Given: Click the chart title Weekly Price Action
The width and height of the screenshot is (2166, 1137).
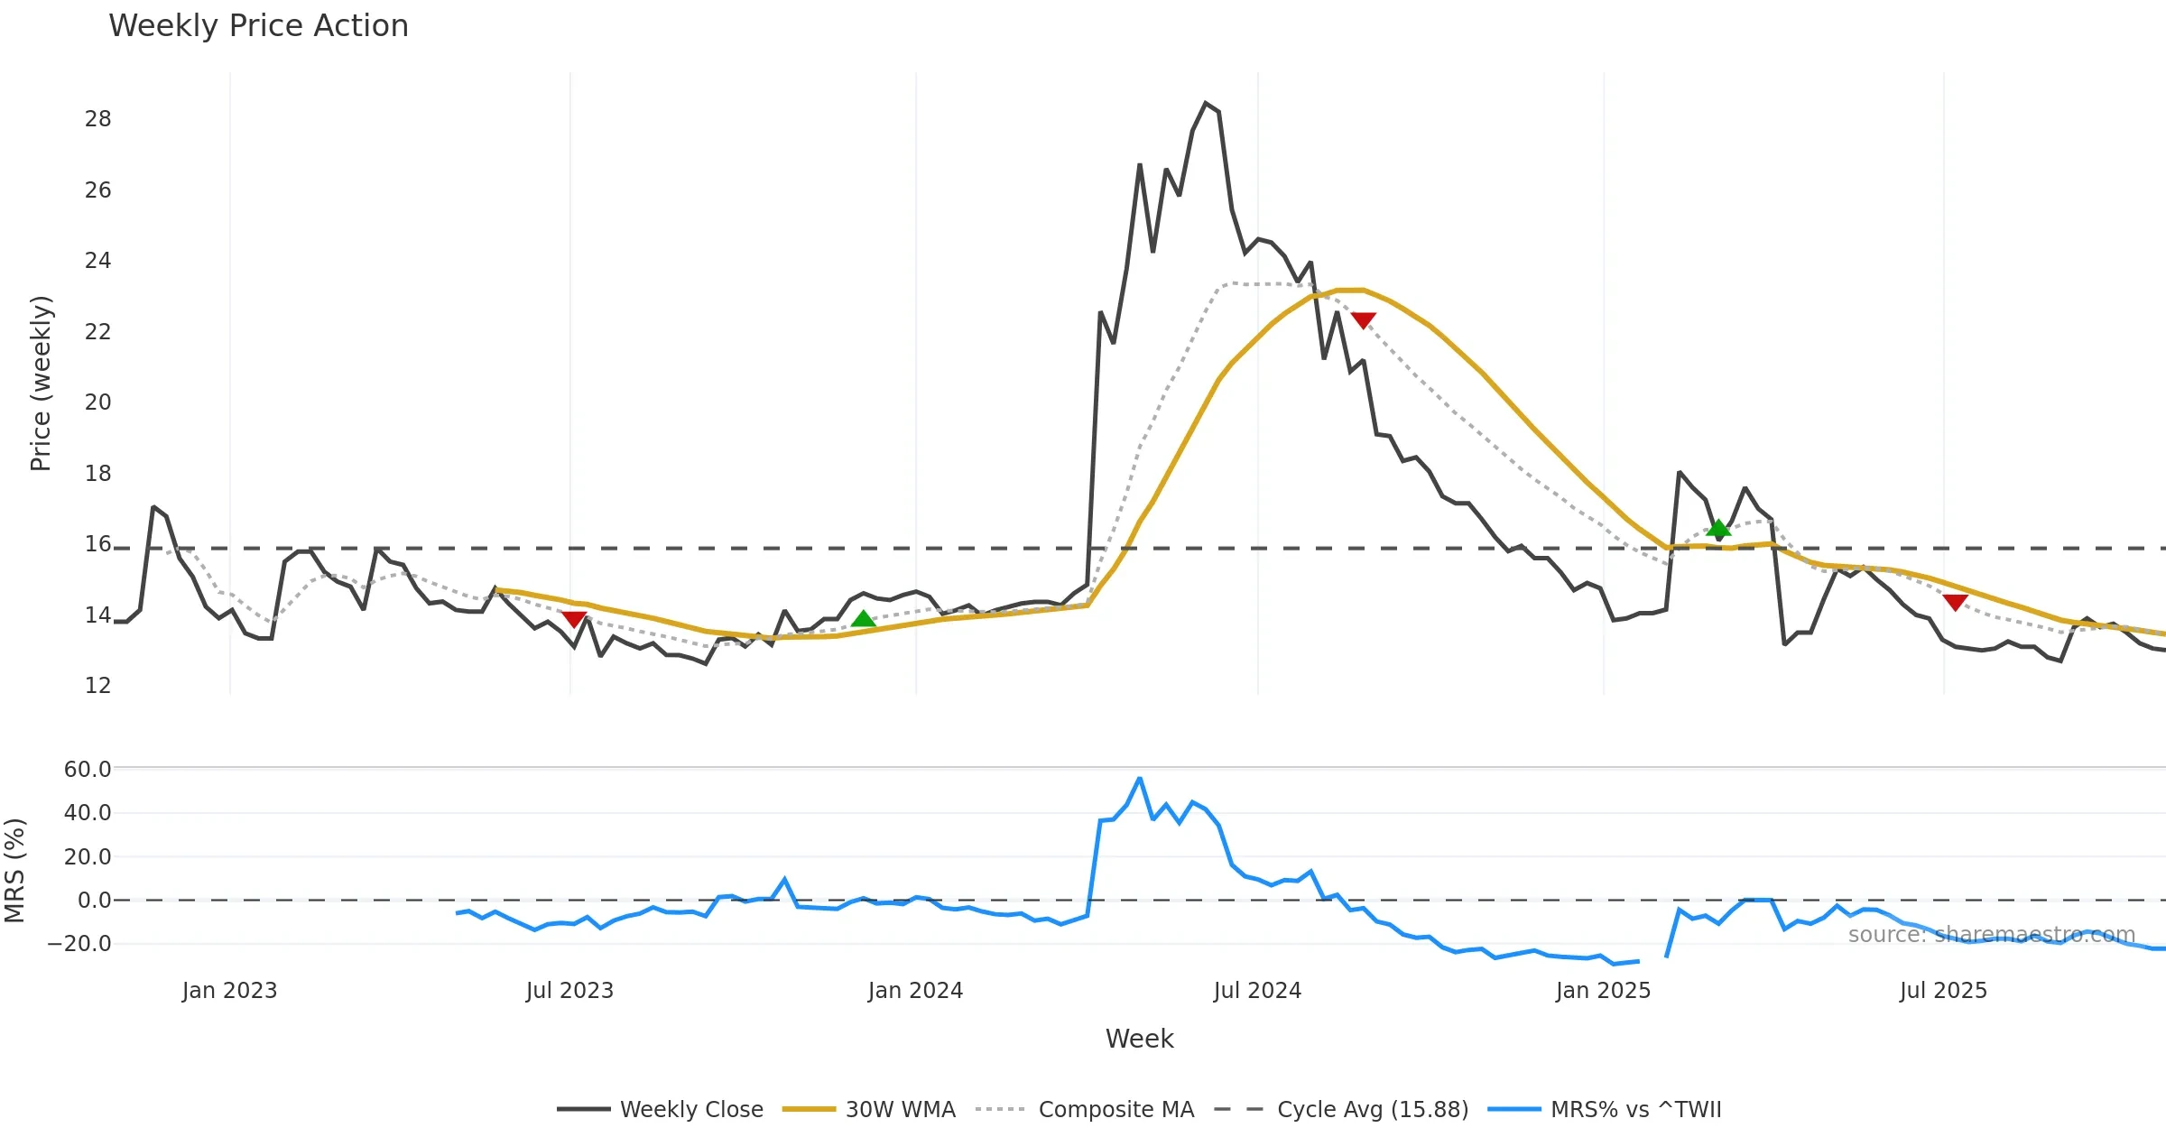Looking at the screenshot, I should click(x=258, y=26).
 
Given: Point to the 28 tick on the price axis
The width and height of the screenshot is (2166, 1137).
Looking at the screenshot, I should click(x=97, y=119).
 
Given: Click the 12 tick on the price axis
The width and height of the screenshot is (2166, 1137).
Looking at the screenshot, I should click(x=97, y=686).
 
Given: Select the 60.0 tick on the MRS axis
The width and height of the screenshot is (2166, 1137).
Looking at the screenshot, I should click(x=88, y=770).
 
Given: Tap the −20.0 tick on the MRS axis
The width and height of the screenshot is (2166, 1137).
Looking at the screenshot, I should click(x=80, y=944).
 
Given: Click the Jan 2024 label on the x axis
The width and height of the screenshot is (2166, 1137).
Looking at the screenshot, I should click(x=915, y=991).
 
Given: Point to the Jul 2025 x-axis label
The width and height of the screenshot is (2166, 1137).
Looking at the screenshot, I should click(x=1943, y=991).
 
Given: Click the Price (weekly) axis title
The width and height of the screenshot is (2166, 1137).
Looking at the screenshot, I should click(x=42, y=384).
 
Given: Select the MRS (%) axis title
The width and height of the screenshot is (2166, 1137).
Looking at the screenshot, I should click(x=14, y=871).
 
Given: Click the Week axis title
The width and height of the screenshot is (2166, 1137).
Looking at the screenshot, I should click(x=1139, y=1040).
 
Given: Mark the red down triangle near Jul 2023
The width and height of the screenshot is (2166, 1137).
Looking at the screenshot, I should click(x=574, y=619).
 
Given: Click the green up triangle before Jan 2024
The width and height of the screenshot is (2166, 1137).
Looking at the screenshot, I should click(x=864, y=619).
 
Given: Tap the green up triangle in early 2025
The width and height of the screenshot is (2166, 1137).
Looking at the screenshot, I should click(x=1718, y=528).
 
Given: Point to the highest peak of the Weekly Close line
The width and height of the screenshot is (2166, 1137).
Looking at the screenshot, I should click(x=1206, y=104).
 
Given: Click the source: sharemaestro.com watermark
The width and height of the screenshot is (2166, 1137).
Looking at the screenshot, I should click(x=1991, y=935).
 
